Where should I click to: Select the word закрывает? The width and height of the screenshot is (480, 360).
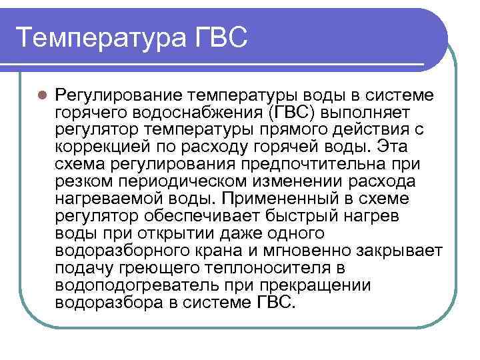pos(403,250)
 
